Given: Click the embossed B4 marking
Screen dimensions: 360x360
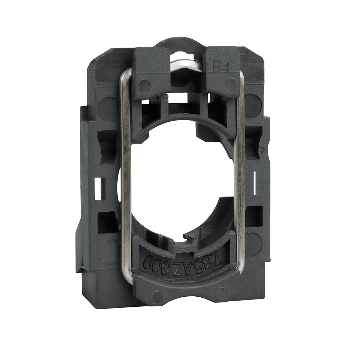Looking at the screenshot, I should coord(222,67).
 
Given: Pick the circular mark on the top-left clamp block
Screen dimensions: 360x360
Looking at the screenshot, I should coord(144,86).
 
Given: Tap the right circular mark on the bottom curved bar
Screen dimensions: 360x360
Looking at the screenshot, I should coord(220,292).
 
